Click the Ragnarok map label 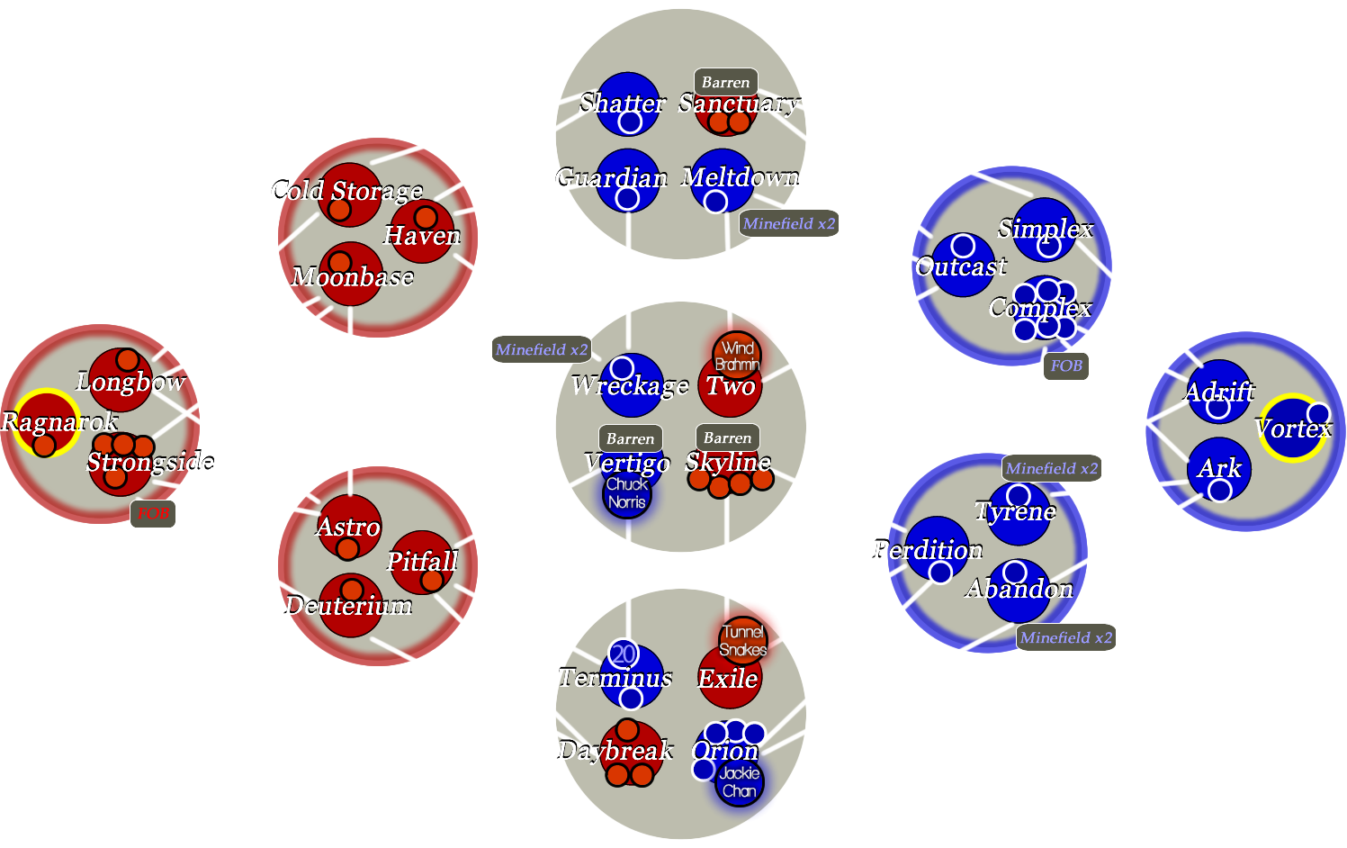point(59,421)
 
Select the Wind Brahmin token point(737,356)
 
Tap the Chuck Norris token point(626,493)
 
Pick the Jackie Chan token point(739,782)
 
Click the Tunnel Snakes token point(743,640)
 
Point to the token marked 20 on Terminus point(624,654)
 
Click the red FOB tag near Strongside point(153,513)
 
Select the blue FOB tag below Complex point(1066,365)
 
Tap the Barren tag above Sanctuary point(725,82)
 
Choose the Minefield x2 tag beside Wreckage point(541,349)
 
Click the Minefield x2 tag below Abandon point(1066,637)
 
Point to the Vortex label point(1293,429)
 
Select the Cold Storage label point(346,191)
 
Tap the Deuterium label point(348,606)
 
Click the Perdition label point(928,550)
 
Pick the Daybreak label point(615,750)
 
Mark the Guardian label point(612,177)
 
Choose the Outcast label point(961,266)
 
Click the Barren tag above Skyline point(727,438)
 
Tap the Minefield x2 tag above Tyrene point(1052,468)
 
